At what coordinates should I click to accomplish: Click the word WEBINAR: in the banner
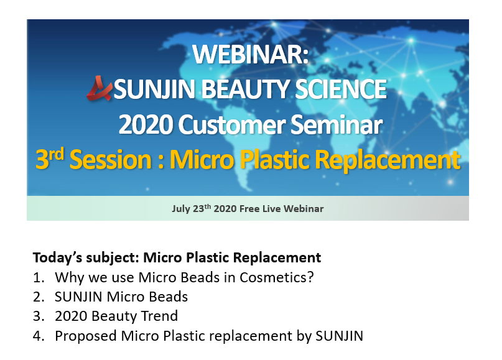pyautogui.click(x=250, y=54)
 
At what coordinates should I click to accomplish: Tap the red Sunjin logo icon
pyautogui.click(x=100, y=88)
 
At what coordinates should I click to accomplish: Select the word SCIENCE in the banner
pyautogui.click(x=341, y=89)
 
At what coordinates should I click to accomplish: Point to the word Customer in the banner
pyautogui.click(x=232, y=124)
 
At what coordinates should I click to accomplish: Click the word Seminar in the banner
pyautogui.click(x=337, y=124)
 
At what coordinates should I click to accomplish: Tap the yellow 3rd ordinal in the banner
pyautogui.click(x=50, y=158)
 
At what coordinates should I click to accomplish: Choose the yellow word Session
pyautogui.click(x=111, y=159)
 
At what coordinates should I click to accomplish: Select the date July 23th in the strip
pyautogui.click(x=192, y=208)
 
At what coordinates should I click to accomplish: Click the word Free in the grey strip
pyautogui.click(x=249, y=209)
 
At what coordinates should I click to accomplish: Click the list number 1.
pyautogui.click(x=39, y=277)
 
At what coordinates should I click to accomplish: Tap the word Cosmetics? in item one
pyautogui.click(x=277, y=277)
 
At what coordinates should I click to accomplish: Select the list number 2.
pyautogui.click(x=39, y=297)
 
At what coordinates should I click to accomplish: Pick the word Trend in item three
pyautogui.click(x=159, y=316)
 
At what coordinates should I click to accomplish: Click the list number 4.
pyautogui.click(x=39, y=336)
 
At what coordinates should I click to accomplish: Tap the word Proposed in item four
pyautogui.click(x=85, y=336)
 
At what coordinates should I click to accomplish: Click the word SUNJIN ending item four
pyautogui.click(x=340, y=336)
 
